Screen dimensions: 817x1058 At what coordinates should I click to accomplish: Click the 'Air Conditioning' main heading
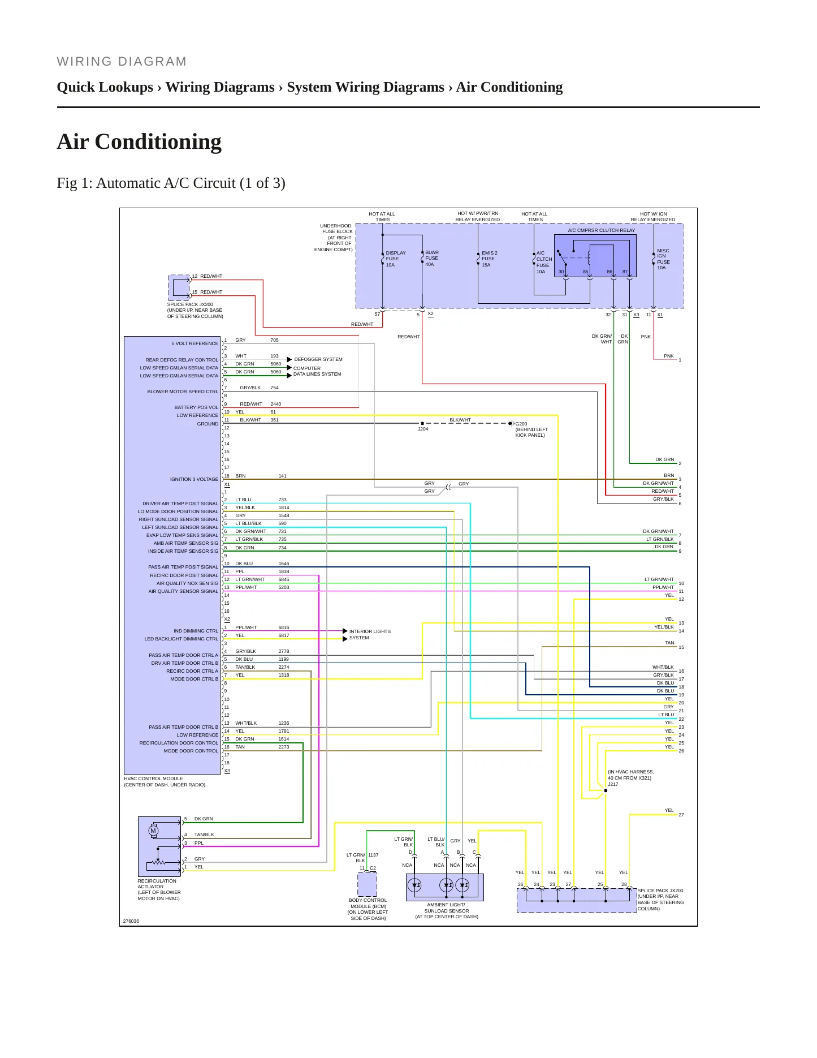[x=139, y=141]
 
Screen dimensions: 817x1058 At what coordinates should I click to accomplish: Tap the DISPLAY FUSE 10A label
[x=396, y=259]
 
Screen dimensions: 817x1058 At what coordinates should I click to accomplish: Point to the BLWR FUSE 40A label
[x=432, y=258]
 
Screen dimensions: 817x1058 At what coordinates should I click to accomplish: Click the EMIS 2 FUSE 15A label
[x=490, y=259]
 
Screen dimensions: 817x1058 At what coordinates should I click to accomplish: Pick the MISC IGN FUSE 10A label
[x=663, y=259]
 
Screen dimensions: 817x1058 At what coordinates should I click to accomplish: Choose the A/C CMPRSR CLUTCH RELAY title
[x=602, y=230]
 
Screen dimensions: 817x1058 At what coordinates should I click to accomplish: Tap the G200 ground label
[x=521, y=423]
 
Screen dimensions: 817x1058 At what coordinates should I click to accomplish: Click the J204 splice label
[x=423, y=429]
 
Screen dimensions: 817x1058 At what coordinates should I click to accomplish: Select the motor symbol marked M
[x=153, y=831]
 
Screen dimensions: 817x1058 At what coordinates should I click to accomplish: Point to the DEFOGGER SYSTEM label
[x=318, y=359]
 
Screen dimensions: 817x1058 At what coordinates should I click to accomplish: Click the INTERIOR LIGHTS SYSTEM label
[x=370, y=634]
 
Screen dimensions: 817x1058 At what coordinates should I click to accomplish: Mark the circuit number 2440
[x=276, y=404]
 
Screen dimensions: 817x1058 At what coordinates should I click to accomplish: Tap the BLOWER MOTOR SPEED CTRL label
[x=183, y=392]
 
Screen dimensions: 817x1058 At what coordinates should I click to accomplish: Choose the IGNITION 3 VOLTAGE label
[x=194, y=479]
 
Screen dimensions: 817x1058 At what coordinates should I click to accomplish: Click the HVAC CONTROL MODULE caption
[x=153, y=779]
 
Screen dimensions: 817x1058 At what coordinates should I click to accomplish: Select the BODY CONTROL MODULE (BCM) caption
[x=368, y=903]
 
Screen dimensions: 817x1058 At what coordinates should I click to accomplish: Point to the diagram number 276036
[x=131, y=921]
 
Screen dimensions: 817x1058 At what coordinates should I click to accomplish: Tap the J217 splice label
[x=613, y=784]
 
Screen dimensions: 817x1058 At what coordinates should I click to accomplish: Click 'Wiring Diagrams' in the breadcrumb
[x=220, y=87]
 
